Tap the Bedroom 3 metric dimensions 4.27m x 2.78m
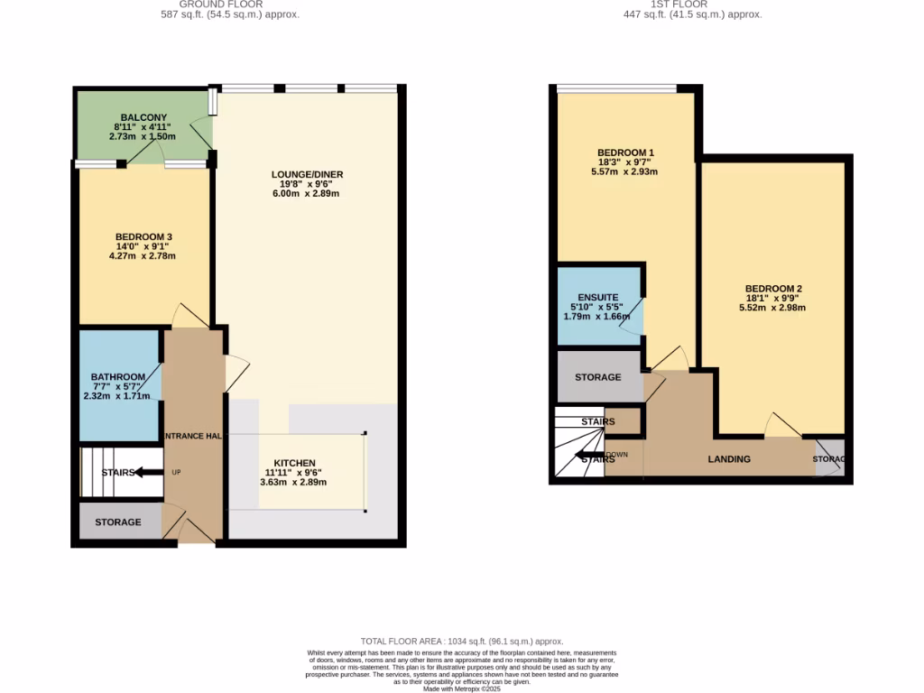[142, 256]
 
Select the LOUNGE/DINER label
[308, 174]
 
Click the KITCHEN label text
[295, 463]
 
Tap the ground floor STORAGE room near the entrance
[118, 522]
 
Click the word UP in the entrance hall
[176, 472]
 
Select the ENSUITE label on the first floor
[597, 297]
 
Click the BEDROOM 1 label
[625, 152]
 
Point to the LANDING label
[729, 459]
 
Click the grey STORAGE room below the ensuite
[598, 377]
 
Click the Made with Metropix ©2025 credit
[462, 688]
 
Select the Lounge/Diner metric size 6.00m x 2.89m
[308, 194]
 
